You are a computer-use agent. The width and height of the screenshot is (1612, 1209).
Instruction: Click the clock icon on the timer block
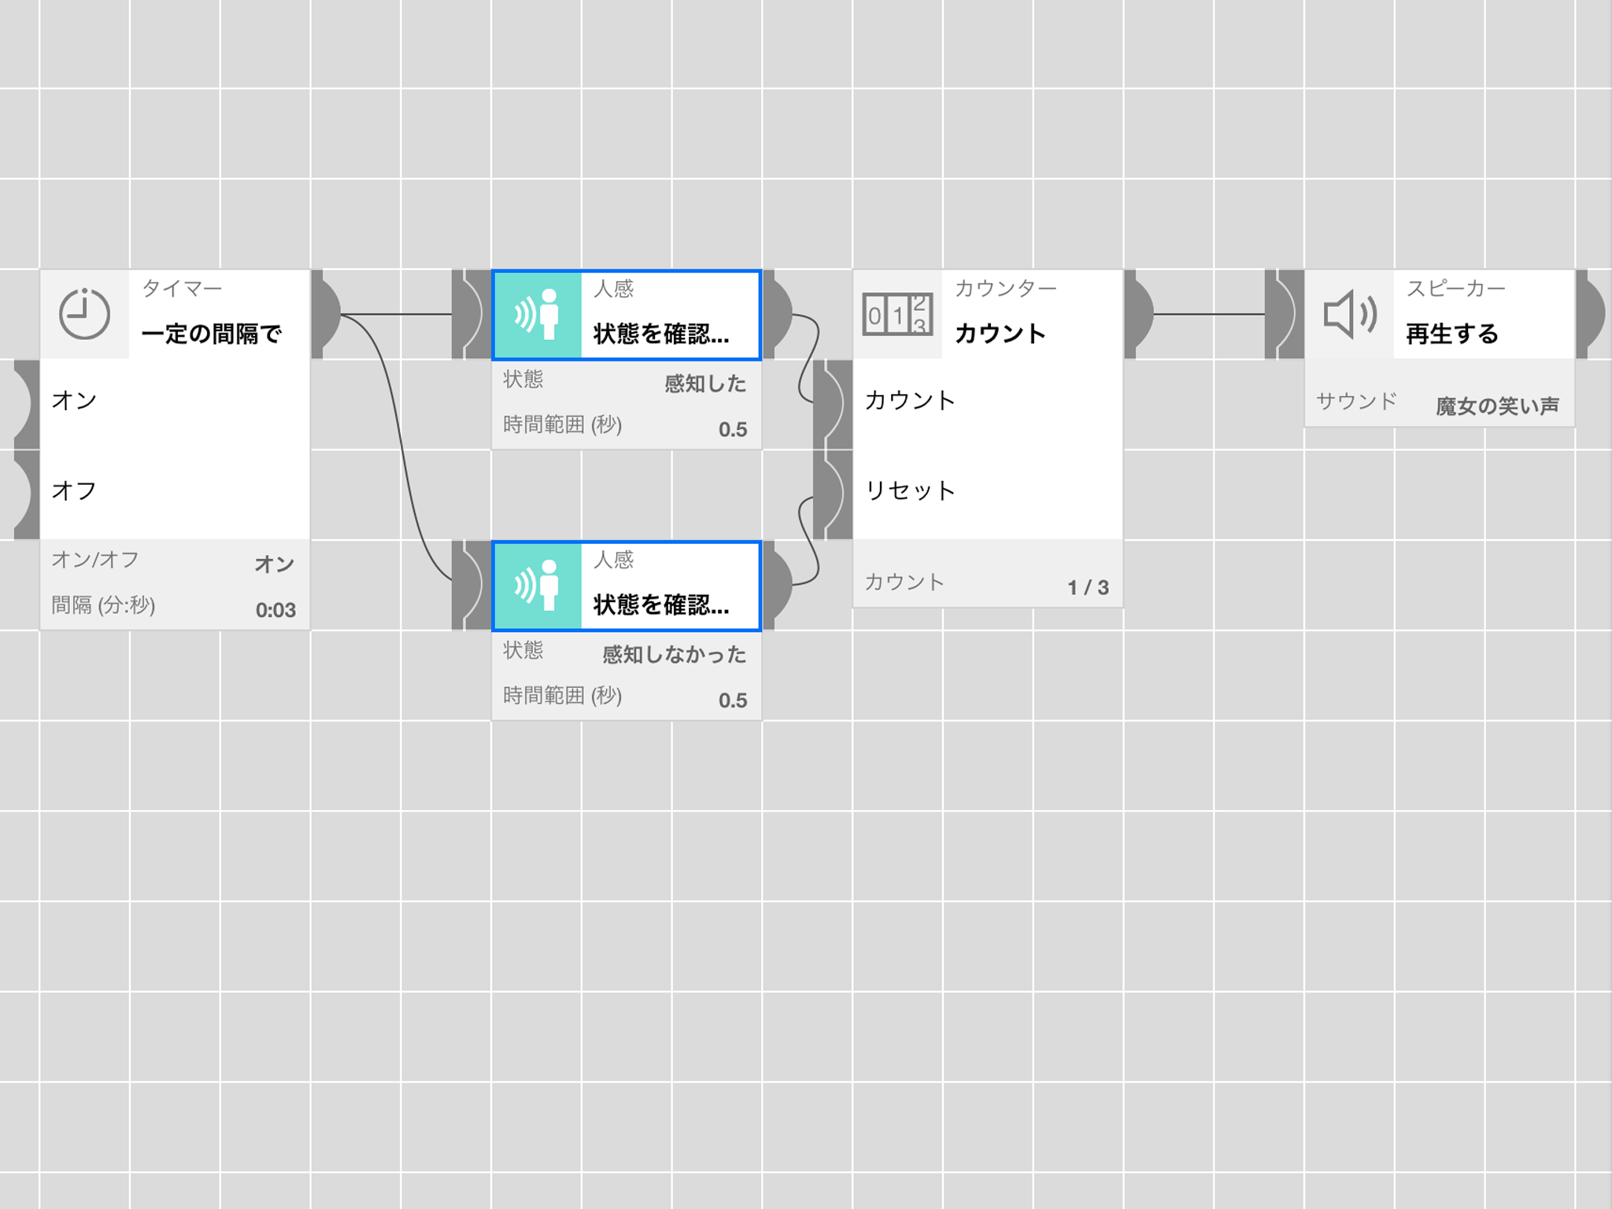pos(84,314)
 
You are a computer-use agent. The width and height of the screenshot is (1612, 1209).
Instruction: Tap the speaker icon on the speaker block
pos(1350,314)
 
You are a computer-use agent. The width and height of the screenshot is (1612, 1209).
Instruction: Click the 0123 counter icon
pos(897,315)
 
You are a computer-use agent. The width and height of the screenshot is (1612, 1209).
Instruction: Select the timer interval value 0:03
pos(275,610)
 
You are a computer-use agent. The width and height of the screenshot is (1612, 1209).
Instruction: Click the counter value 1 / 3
pos(1088,587)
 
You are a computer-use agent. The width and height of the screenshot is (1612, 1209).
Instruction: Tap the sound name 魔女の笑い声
pos(1497,406)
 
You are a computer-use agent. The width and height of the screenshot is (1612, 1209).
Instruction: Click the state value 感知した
pos(705,383)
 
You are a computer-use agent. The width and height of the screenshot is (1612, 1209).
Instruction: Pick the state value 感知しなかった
pos(675,654)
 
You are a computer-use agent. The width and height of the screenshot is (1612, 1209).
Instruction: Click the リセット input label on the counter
pos(910,490)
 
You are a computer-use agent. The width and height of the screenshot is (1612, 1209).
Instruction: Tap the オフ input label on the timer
pos(74,490)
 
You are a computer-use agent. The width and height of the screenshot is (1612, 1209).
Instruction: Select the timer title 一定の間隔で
pos(211,334)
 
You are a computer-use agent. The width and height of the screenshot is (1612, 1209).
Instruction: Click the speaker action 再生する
pos(1452,334)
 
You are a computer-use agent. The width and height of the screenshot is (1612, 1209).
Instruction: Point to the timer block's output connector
pos(326,314)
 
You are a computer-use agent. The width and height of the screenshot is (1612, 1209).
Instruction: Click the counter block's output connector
pos(1139,314)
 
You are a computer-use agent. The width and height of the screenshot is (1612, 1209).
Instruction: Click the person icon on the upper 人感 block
pos(537,314)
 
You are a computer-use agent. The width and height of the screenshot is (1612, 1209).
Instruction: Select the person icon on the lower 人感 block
pos(537,585)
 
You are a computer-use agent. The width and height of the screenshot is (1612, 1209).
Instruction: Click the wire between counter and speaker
pos(1209,314)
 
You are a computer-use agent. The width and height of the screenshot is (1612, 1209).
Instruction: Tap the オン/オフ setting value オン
pos(275,564)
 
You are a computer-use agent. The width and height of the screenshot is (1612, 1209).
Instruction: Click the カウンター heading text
pos(1005,289)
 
